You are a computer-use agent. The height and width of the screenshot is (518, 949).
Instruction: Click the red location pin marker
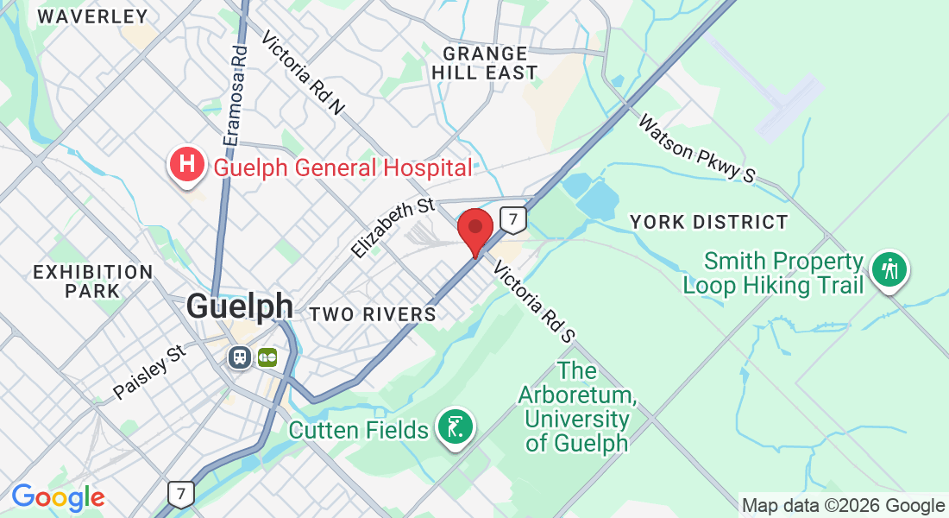point(474,230)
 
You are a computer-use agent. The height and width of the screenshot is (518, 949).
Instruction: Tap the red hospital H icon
point(186,164)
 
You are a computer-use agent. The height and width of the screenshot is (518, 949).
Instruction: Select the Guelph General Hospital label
point(343,167)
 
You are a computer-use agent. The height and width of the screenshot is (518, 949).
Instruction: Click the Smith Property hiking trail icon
point(889,268)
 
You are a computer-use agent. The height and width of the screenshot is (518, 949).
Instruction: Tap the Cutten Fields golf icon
point(456,426)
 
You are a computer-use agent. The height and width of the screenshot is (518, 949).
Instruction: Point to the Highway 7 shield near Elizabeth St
point(513,219)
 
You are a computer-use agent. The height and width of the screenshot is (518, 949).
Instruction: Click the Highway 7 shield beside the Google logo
point(180,494)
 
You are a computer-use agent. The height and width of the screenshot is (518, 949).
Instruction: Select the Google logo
point(58,497)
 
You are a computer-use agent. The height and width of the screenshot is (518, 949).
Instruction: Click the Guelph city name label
point(239,307)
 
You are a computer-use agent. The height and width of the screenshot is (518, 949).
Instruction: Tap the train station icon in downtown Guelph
point(240,357)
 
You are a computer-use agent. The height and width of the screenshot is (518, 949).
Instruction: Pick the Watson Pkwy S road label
point(696,148)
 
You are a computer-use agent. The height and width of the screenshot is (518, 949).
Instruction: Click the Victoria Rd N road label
point(303,73)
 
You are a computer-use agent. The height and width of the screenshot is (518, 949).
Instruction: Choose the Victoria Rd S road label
point(533,302)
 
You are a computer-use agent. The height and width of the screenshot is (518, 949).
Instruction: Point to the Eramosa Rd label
point(235,95)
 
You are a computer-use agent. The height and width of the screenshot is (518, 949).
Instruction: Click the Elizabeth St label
point(393,228)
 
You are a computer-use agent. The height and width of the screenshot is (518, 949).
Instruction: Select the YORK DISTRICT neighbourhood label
point(708,222)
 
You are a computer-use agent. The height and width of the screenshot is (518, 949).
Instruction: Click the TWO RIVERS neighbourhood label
point(373,314)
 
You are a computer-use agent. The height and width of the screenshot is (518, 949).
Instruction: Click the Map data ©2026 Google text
point(843,506)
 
